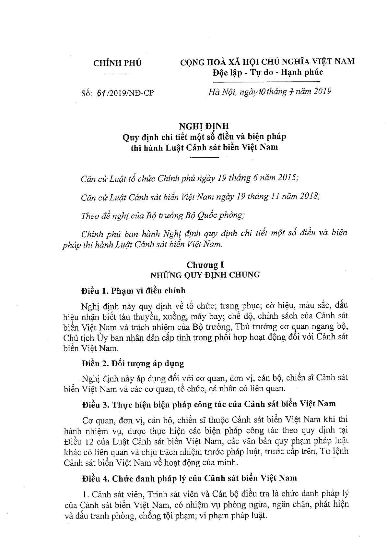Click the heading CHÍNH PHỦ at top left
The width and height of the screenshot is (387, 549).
coord(117,63)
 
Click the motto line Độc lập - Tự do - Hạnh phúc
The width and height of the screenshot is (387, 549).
coord(267,72)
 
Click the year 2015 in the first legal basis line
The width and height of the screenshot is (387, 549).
coord(286,178)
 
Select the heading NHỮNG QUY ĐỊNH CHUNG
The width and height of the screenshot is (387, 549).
coord(205,275)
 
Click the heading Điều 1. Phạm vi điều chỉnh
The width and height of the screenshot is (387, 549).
coord(133,290)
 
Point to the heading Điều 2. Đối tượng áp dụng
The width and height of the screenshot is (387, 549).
coord(133,363)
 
